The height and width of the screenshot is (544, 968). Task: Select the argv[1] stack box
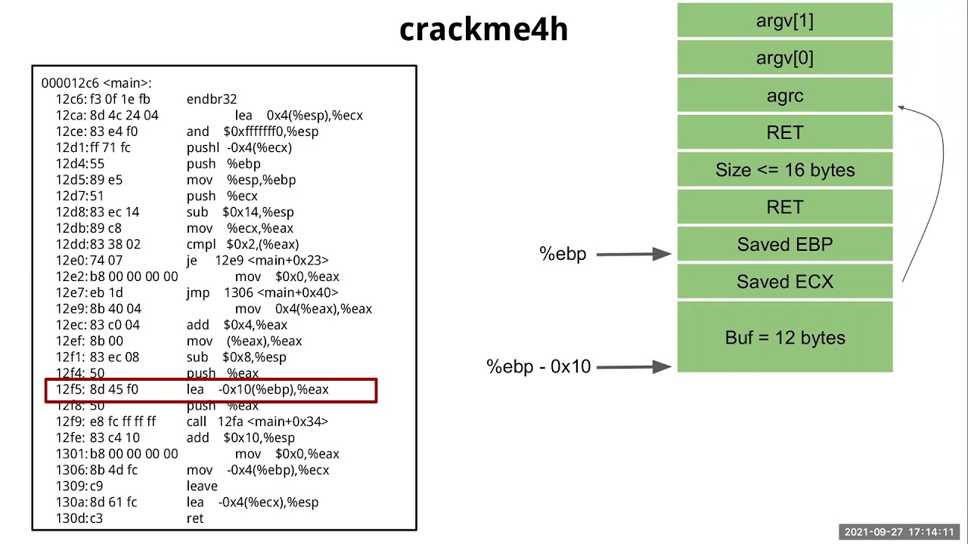pos(784,20)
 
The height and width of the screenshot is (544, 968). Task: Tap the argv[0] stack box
pos(784,58)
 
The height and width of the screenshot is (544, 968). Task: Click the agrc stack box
pos(784,95)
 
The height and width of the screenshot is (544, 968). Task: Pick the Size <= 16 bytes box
pos(784,170)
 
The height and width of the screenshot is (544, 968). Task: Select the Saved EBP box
pos(784,245)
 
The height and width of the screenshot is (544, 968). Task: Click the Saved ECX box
pos(784,282)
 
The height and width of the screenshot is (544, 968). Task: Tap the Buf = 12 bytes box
pos(784,337)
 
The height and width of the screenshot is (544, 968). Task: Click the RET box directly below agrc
pos(784,133)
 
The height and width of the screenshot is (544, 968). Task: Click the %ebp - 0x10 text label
pos(538,366)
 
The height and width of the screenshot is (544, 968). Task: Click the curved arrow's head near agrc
pos(901,109)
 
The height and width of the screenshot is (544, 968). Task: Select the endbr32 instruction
pos(212,99)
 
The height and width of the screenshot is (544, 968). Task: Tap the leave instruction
pos(202,486)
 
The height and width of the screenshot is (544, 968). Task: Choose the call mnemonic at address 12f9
pos(196,422)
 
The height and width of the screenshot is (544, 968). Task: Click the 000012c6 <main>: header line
pos(96,83)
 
